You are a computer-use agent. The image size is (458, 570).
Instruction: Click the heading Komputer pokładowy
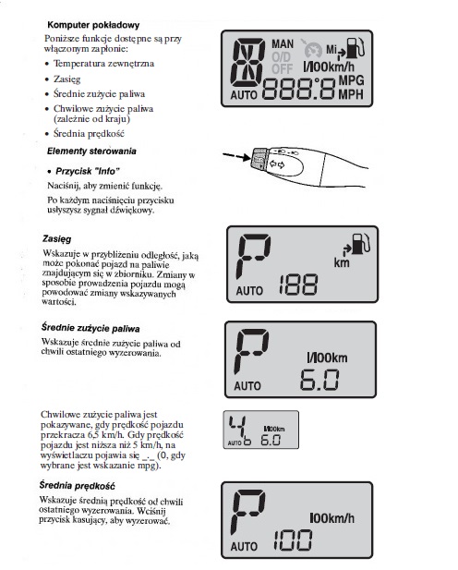(93, 25)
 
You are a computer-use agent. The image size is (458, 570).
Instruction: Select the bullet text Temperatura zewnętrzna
(104, 64)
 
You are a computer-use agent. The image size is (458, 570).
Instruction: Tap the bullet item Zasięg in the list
(66, 79)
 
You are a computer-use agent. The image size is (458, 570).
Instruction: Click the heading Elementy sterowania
(91, 152)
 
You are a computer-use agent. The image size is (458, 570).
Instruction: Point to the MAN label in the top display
(283, 44)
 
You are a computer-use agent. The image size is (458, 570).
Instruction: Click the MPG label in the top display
(352, 80)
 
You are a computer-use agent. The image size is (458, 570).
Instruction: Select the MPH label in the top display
(351, 94)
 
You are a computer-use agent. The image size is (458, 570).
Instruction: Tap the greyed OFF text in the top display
(282, 68)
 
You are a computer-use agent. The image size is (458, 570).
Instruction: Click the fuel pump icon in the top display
(356, 48)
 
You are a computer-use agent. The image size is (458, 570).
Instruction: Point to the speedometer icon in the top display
(313, 50)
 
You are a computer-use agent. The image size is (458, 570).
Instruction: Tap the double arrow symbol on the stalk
(277, 164)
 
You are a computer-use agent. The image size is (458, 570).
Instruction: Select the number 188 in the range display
(298, 285)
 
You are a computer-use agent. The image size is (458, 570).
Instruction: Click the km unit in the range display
(342, 262)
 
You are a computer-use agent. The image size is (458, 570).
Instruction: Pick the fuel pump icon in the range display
(360, 244)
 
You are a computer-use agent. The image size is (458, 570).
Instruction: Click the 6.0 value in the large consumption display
(319, 380)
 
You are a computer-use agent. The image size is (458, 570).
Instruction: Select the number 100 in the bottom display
(293, 540)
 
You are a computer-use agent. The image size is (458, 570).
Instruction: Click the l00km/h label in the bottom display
(331, 518)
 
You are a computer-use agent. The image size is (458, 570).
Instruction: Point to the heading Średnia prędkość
(77, 486)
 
